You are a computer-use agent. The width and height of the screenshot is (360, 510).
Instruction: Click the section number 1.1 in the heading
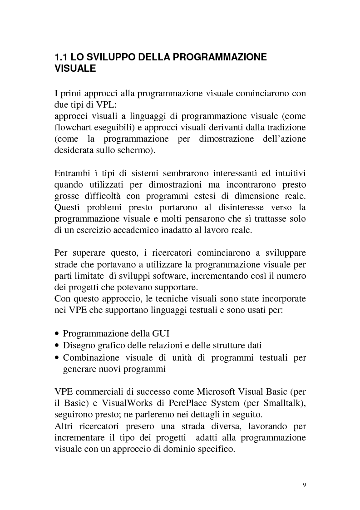tap(61, 58)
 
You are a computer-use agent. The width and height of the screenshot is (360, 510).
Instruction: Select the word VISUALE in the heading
tap(75, 69)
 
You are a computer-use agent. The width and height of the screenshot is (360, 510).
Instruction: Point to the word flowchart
tap(73, 128)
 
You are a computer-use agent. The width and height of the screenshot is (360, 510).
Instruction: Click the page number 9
tap(304, 485)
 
